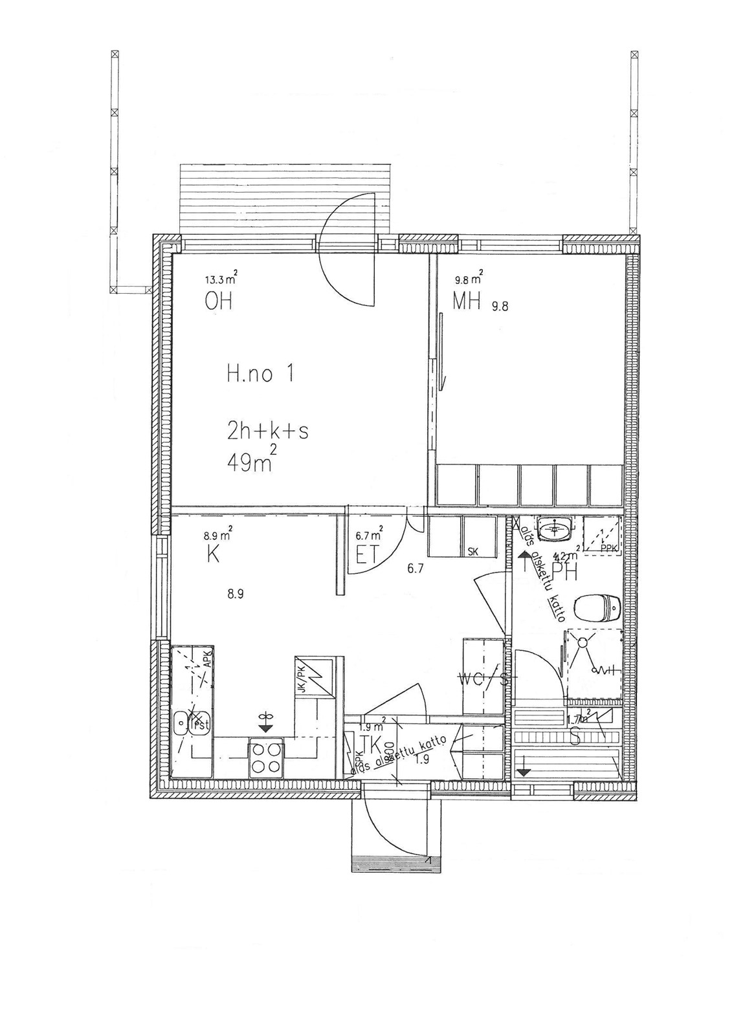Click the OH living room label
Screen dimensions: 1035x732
click(x=218, y=301)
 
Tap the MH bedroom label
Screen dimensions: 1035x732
click(x=466, y=301)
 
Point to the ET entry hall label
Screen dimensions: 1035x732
click(x=366, y=556)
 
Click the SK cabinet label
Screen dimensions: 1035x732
click(x=472, y=552)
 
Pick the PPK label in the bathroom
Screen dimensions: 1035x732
click(x=608, y=549)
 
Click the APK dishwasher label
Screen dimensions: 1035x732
click(x=207, y=659)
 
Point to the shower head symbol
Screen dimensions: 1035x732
click(x=581, y=642)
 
